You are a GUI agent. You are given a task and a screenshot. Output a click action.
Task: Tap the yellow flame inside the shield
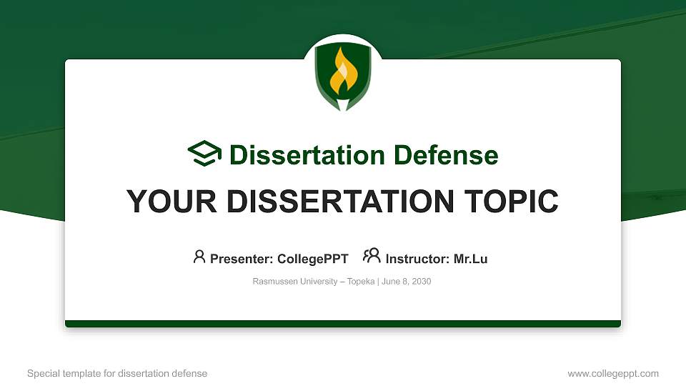pyautogui.click(x=343, y=72)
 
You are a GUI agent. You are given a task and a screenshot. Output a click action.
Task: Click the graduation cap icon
pyautogui.click(x=204, y=154)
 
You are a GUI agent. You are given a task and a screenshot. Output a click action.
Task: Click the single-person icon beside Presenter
pyautogui.click(x=199, y=257)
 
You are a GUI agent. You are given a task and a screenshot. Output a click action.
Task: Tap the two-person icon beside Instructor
pyautogui.click(x=372, y=256)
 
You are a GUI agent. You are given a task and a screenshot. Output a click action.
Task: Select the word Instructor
pyautogui.click(x=417, y=259)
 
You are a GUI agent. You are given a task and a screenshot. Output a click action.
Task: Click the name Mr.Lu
pyautogui.click(x=471, y=259)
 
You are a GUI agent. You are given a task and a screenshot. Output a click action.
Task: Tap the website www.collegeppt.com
pyautogui.click(x=613, y=373)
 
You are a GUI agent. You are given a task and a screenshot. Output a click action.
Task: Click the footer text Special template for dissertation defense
pyautogui.click(x=117, y=373)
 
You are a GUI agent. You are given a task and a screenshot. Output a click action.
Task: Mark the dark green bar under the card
pyautogui.click(x=343, y=324)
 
